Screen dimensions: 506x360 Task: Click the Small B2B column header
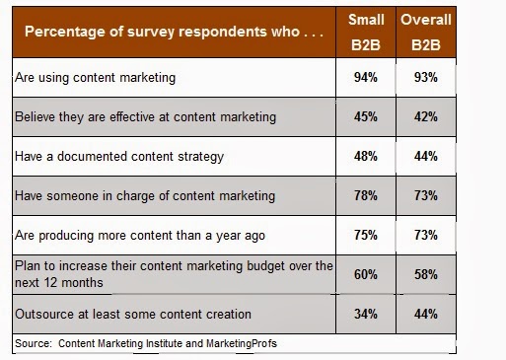pyautogui.click(x=366, y=33)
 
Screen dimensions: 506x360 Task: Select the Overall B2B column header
pyautogui.click(x=426, y=33)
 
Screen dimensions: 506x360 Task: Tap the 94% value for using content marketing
pyautogui.click(x=366, y=78)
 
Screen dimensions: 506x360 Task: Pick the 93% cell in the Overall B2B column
pyautogui.click(x=426, y=78)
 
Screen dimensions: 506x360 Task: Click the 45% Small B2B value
pyautogui.click(x=366, y=117)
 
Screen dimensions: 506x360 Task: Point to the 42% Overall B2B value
pyautogui.click(x=426, y=117)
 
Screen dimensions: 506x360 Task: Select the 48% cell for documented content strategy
pyautogui.click(x=366, y=157)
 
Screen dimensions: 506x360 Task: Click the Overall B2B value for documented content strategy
pyautogui.click(x=426, y=157)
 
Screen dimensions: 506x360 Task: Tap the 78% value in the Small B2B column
pyautogui.click(x=366, y=196)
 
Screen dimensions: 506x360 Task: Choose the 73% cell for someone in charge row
pyautogui.click(x=426, y=196)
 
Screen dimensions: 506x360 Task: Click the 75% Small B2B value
pyautogui.click(x=366, y=236)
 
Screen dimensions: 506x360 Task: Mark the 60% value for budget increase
pyautogui.click(x=366, y=275)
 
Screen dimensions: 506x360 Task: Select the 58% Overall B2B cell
pyautogui.click(x=426, y=275)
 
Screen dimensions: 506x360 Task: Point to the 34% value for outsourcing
pyautogui.click(x=366, y=315)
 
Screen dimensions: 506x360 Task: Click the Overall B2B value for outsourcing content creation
pyautogui.click(x=426, y=315)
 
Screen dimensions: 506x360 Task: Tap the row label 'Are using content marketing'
pyautogui.click(x=96, y=78)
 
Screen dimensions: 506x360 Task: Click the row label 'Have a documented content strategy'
pyautogui.click(x=119, y=157)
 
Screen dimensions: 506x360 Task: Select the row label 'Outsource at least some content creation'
pyautogui.click(x=133, y=315)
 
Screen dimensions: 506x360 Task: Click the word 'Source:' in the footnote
pyautogui.click(x=34, y=343)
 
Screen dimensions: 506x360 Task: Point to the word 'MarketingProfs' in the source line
pyautogui.click(x=242, y=343)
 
